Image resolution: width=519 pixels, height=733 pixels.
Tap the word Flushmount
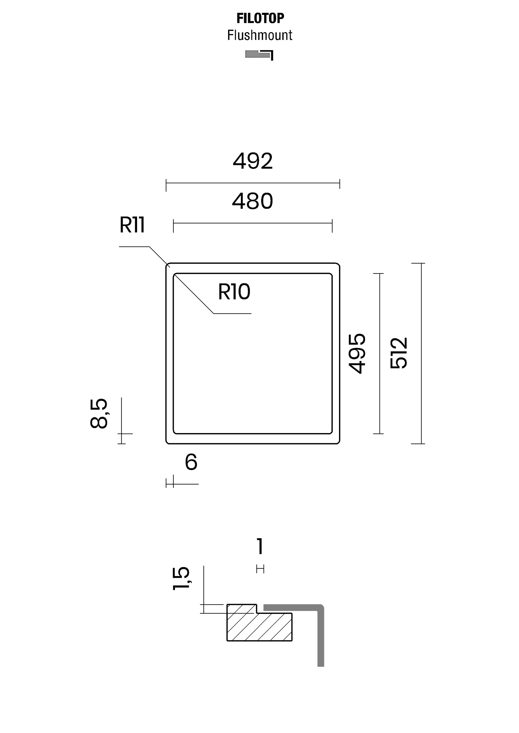tap(260, 35)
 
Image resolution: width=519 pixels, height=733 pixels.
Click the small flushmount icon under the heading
tap(259, 55)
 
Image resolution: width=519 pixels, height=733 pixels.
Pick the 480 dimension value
tap(252, 201)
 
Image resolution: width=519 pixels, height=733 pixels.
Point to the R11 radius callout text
tap(132, 225)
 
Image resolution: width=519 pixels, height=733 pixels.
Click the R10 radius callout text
tap(234, 292)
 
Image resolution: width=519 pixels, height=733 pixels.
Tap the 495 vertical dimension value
tap(357, 353)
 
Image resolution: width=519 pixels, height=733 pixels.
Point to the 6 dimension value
tap(191, 462)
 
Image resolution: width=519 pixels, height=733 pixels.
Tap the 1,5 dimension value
tap(182, 579)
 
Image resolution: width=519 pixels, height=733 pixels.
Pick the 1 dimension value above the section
tap(260, 546)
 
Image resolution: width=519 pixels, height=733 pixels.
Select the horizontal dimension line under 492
tap(253, 183)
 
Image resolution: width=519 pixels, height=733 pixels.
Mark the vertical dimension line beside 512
tap(421, 353)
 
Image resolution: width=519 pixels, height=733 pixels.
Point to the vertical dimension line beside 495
tap(380, 353)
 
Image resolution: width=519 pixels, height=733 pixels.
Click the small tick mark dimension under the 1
tap(260, 569)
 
